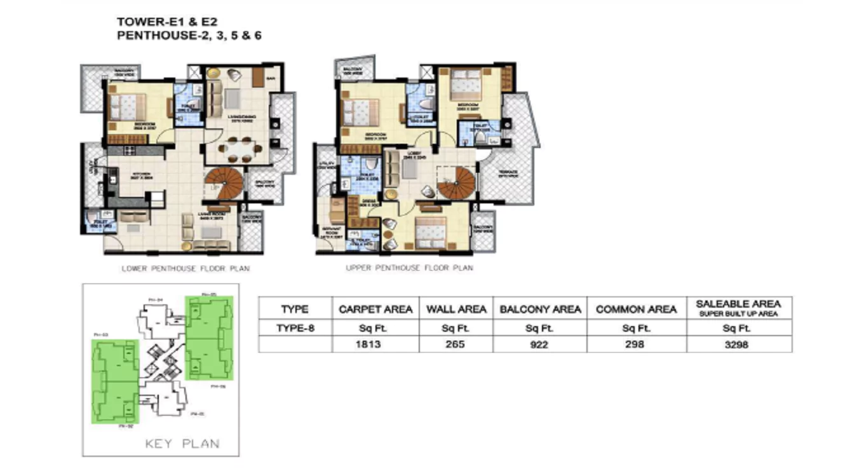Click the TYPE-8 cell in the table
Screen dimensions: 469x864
tap(295, 328)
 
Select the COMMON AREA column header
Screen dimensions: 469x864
tap(636, 309)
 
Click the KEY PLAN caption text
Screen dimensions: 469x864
tap(182, 444)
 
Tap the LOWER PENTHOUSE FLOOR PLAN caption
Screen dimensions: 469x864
tap(186, 269)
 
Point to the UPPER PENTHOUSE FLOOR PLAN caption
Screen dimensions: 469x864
tap(409, 268)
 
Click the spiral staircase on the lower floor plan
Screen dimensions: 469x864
tap(224, 182)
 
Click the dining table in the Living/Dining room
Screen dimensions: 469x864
tap(239, 150)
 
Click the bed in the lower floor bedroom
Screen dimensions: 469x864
tap(128, 106)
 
